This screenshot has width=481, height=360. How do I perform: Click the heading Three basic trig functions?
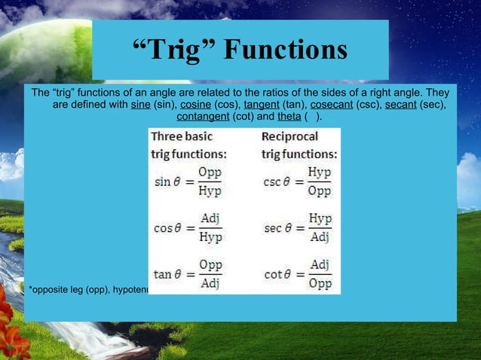pos(188,145)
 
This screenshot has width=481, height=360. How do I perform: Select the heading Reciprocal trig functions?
pos(299,145)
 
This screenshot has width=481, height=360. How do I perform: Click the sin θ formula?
pos(188,182)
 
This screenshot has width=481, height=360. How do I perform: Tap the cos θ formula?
pos(188,227)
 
